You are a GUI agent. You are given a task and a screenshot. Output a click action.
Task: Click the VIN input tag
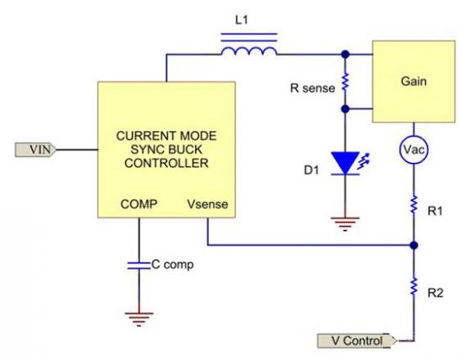click(x=35, y=149)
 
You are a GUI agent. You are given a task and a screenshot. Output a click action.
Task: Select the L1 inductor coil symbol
click(x=249, y=44)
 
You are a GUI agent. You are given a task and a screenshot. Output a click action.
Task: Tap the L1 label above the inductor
click(x=242, y=20)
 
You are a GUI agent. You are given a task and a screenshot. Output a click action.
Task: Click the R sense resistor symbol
click(x=345, y=82)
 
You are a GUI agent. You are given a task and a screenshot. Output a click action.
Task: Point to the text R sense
click(x=312, y=88)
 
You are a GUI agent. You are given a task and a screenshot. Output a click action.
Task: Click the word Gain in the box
click(x=413, y=81)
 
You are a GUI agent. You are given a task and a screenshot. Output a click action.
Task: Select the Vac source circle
click(x=413, y=149)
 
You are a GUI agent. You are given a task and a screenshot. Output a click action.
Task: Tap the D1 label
click(x=312, y=170)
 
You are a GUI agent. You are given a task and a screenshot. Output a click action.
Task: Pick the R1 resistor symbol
click(x=413, y=204)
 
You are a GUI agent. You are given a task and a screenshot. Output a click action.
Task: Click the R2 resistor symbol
click(x=413, y=286)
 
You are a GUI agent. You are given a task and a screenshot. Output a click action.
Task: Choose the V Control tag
click(x=357, y=341)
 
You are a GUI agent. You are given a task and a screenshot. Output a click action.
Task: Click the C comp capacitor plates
click(x=139, y=265)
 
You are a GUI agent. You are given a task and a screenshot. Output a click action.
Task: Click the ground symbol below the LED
click(x=345, y=224)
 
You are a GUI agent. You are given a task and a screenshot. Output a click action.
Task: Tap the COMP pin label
click(x=139, y=204)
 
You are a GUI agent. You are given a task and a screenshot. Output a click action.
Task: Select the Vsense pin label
click(x=207, y=204)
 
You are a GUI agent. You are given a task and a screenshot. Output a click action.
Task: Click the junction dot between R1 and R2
click(x=413, y=245)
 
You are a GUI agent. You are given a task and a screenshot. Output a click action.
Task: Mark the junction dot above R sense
click(x=345, y=55)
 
